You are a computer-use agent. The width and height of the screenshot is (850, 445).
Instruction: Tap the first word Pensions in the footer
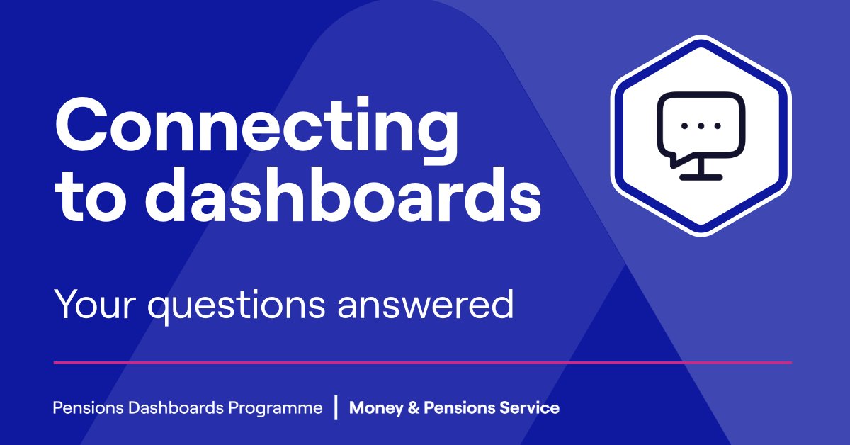coord(81,408)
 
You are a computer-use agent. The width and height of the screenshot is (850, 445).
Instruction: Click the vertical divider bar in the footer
coord(336,408)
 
